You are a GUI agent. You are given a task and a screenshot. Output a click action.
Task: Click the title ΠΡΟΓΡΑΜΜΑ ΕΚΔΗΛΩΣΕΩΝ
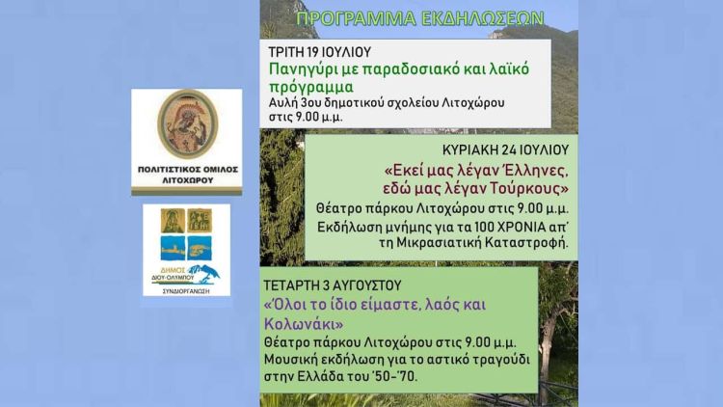pos(419,18)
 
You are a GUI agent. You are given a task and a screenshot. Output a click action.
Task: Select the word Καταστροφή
pos(524,242)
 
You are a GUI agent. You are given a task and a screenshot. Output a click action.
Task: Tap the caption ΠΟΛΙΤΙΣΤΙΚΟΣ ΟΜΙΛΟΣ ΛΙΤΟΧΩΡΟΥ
pos(187,174)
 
